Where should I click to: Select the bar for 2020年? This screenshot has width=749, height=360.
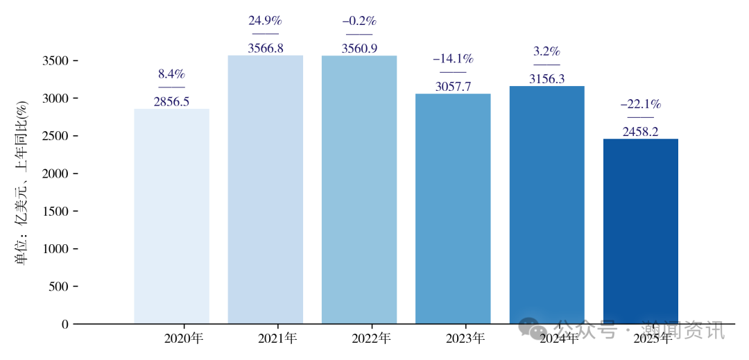pyautogui.click(x=171, y=216)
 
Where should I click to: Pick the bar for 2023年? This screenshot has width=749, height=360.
pyautogui.click(x=453, y=208)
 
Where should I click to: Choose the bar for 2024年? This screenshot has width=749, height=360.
pyautogui.click(x=546, y=205)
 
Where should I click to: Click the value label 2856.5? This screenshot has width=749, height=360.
pyautogui.click(x=171, y=101)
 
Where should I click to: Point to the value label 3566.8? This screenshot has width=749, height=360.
pyautogui.click(x=266, y=48)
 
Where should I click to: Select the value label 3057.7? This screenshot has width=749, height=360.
pyautogui.click(x=453, y=86)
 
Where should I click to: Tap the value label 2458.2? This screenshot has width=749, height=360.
pyautogui.click(x=641, y=131)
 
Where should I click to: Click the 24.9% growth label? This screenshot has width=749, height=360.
pyautogui.click(x=266, y=21)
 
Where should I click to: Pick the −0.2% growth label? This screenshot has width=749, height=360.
pyautogui.click(x=359, y=21)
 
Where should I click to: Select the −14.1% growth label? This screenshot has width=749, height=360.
pyautogui.click(x=453, y=59)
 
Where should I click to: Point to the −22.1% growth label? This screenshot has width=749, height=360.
pyautogui.click(x=641, y=105)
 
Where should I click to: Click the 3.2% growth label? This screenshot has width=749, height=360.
pyautogui.click(x=546, y=51)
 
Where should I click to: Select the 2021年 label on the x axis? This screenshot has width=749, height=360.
pyautogui.click(x=277, y=338)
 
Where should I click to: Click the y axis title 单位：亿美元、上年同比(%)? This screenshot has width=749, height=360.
pyautogui.click(x=21, y=183)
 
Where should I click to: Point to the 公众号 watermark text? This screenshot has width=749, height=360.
pyautogui.click(x=587, y=329)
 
